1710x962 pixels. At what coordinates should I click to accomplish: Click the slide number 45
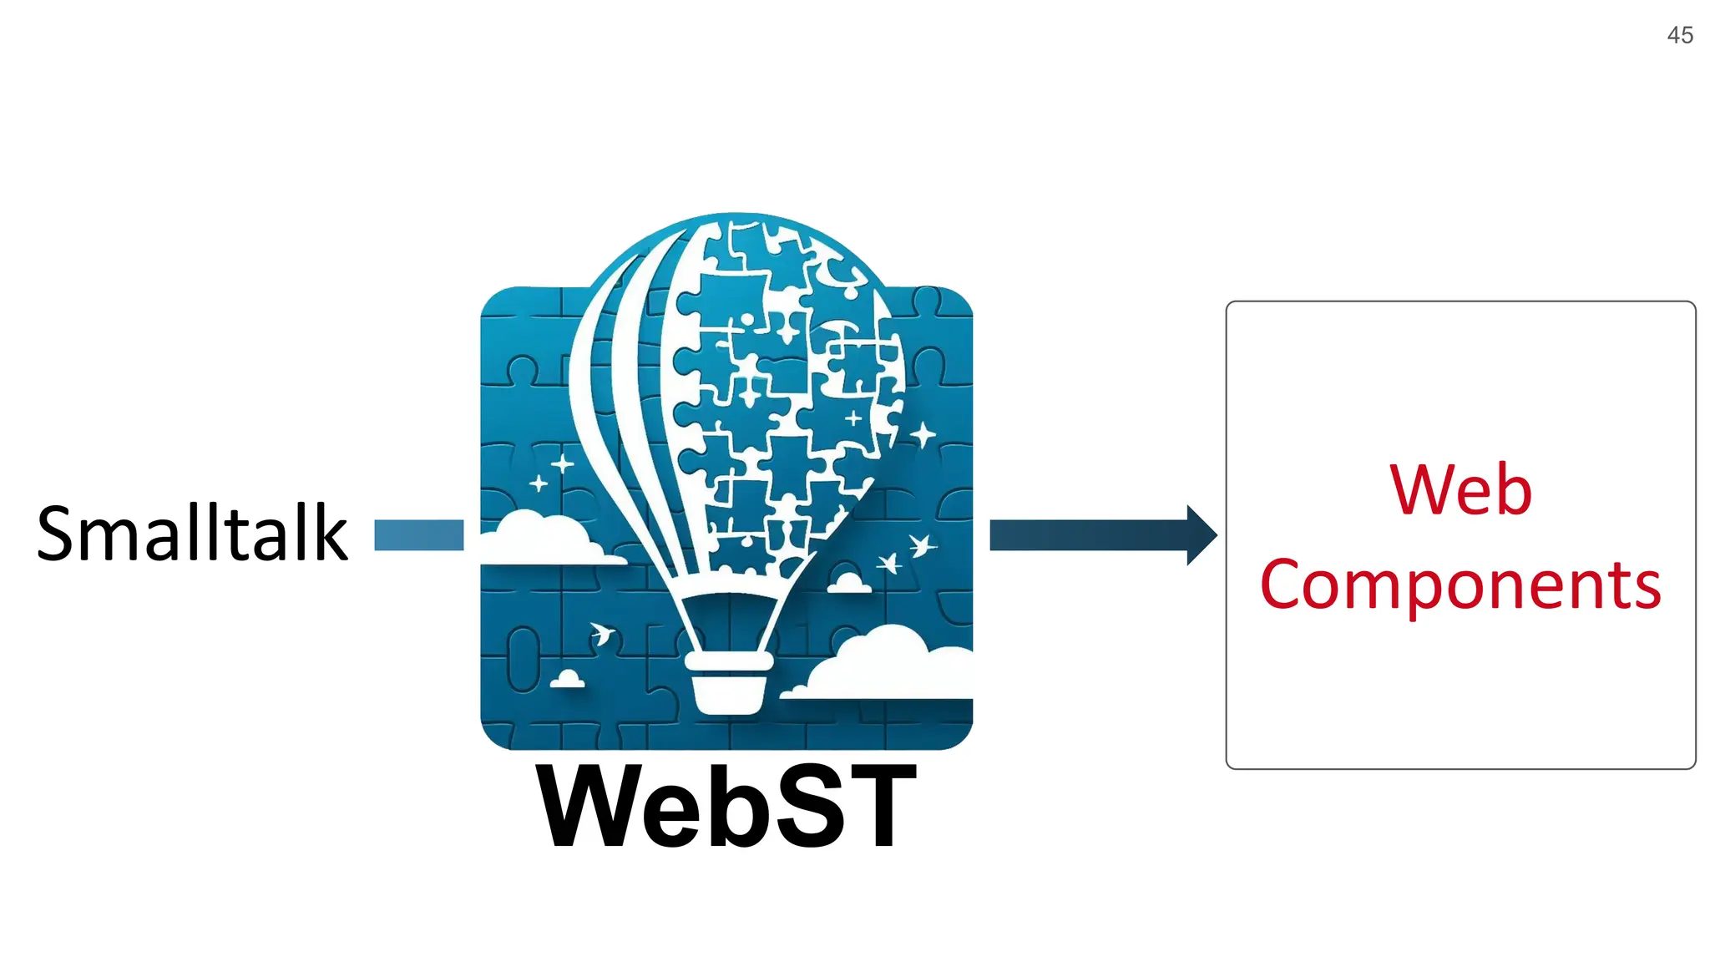[x=1679, y=35]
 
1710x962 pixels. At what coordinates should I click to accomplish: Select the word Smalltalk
[x=191, y=534]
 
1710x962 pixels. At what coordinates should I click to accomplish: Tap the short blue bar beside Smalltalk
[x=418, y=535]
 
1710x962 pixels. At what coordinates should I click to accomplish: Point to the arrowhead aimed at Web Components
[x=1201, y=535]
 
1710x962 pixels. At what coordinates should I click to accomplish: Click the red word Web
[x=1460, y=489]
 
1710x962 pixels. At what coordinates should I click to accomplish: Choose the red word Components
[x=1460, y=585]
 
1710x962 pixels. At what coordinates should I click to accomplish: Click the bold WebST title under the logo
[x=726, y=807]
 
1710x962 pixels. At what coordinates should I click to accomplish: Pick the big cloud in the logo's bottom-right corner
[x=885, y=664]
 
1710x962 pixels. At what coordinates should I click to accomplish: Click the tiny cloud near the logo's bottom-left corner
[x=568, y=679]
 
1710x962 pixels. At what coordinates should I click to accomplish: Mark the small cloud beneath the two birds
[x=849, y=583]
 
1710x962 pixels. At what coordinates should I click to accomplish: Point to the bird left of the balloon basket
[x=601, y=633]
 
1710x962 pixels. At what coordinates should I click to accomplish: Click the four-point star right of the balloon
[x=923, y=434]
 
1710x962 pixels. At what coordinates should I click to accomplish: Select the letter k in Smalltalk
[x=326, y=534]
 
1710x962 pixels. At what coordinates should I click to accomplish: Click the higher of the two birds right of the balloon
[x=922, y=546]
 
